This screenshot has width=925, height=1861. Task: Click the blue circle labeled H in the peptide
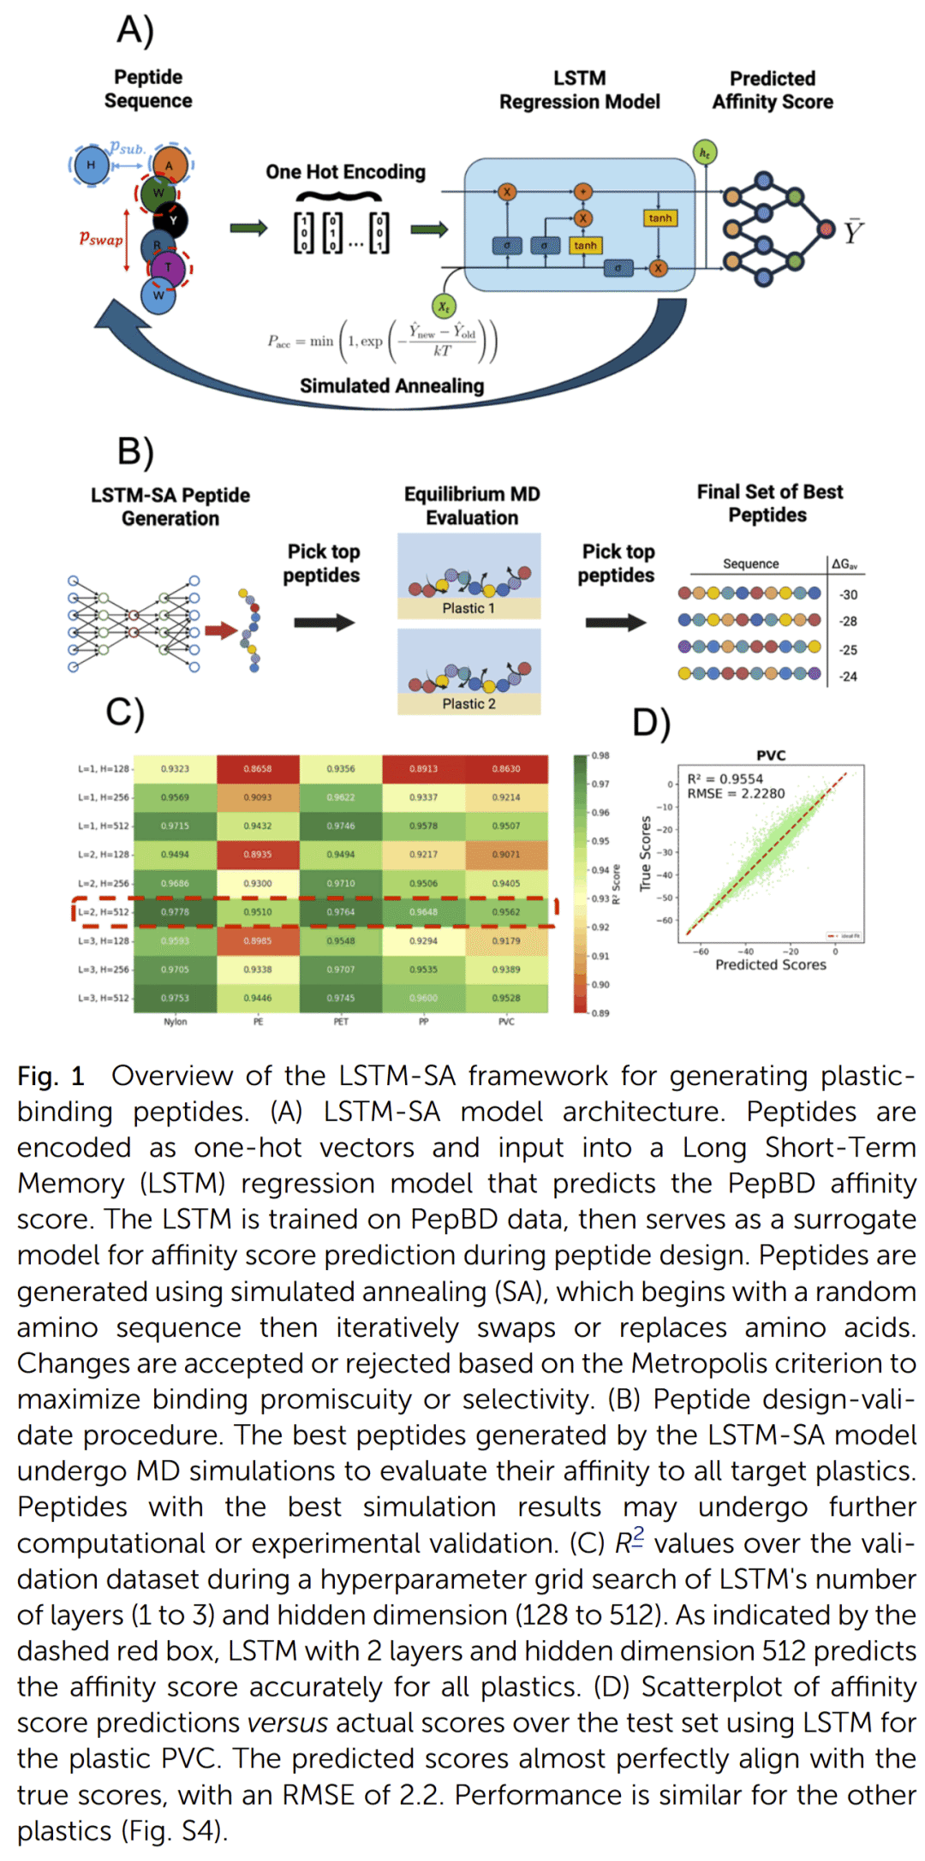pos(91,165)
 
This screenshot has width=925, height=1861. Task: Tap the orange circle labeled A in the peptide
pos(169,165)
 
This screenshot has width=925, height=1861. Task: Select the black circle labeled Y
pos(173,220)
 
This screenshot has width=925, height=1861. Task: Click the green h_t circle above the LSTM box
pos(704,153)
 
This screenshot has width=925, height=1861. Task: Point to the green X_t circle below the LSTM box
pos(444,307)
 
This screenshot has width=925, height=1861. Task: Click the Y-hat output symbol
pos(853,231)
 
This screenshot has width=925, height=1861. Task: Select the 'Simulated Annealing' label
pos(391,386)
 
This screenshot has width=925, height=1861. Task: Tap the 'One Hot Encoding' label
pos(345,172)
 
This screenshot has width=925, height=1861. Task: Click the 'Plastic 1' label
pos(468,608)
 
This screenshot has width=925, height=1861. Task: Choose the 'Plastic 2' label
pos(468,704)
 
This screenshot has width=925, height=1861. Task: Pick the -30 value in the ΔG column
pos(848,594)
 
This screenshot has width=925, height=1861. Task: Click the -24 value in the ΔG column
pos(848,677)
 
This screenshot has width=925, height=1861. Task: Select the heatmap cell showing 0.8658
pos(257,769)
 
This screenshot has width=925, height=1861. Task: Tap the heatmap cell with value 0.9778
pos(175,912)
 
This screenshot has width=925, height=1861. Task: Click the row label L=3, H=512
pos(104,998)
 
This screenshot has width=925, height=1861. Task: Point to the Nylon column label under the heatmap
pos(175,1022)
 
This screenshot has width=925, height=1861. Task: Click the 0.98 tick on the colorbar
pos(600,755)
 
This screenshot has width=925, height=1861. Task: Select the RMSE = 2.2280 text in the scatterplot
pos(736,794)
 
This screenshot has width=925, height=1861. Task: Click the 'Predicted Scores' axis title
pos(770,965)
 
